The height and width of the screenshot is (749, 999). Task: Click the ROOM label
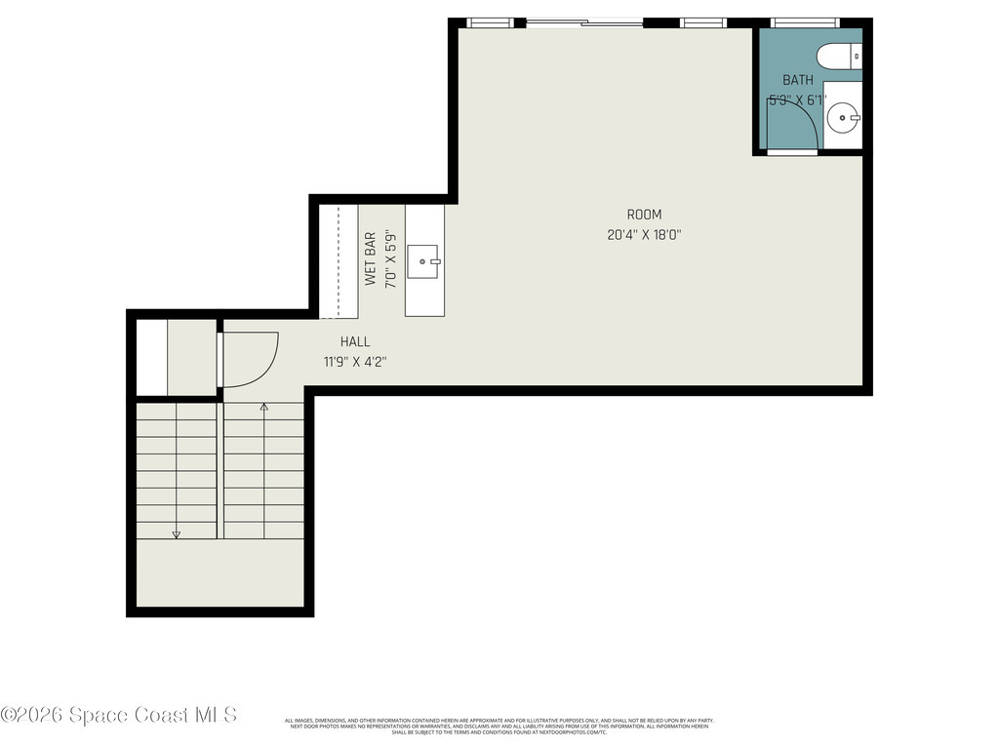point(644,215)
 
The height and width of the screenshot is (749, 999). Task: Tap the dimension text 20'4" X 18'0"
point(644,234)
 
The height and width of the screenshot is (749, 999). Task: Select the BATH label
point(797,80)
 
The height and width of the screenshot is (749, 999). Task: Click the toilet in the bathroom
point(839,57)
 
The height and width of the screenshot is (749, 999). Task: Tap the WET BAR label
point(371,258)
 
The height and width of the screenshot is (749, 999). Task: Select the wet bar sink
point(423,260)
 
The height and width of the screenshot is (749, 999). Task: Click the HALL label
point(355,341)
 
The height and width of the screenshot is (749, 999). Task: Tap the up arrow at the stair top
point(263,407)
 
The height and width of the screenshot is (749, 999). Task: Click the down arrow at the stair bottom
point(177,532)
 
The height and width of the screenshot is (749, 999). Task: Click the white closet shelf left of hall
point(151,357)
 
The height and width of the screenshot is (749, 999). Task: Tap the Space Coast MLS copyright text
point(119,715)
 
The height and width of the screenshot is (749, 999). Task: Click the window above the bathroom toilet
point(805,22)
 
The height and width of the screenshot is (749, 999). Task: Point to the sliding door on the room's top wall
point(583,22)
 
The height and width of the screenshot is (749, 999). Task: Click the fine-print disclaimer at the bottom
point(499,726)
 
